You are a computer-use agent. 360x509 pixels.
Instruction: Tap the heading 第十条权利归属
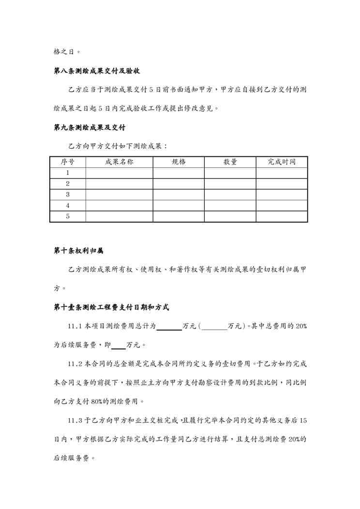(78, 251)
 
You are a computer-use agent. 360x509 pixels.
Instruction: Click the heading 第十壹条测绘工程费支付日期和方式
(111, 308)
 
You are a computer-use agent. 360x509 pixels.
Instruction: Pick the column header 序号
(67, 162)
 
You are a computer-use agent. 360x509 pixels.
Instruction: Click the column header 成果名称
(119, 162)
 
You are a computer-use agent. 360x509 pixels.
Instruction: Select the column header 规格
(179, 162)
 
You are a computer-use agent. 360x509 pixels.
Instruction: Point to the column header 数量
(230, 162)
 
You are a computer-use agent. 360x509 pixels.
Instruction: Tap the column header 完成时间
(282, 162)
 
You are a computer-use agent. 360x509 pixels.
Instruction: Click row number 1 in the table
(68, 173)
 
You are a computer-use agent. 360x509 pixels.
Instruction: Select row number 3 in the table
(68, 195)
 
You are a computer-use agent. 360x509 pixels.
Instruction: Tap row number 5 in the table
(68, 216)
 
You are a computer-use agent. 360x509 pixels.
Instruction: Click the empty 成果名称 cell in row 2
(119, 184)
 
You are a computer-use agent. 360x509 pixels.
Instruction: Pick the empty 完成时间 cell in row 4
(282, 206)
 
